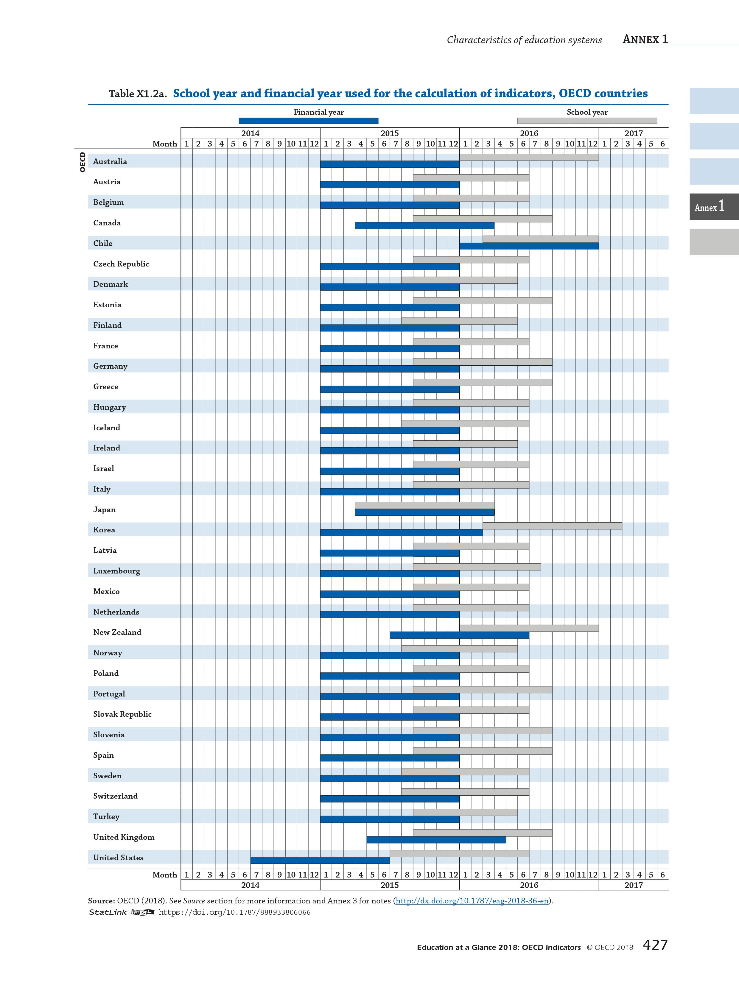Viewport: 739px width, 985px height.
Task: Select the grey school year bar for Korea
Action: (x=552, y=526)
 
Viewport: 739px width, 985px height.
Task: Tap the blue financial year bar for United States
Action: (x=320, y=860)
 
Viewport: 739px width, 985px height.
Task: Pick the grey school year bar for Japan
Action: (x=424, y=505)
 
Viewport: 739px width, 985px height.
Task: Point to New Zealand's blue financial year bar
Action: (x=459, y=635)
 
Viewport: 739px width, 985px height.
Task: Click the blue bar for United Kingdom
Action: (x=436, y=840)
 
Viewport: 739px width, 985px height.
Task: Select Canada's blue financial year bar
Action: (x=424, y=226)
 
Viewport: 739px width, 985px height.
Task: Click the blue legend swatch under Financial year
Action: (x=308, y=121)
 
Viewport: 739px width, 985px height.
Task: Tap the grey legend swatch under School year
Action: (x=587, y=121)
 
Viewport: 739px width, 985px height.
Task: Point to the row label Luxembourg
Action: (x=116, y=571)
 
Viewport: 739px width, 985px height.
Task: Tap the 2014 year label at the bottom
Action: (x=250, y=885)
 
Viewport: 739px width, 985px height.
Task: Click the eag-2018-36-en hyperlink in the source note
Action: (x=472, y=901)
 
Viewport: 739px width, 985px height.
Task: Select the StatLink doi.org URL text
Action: (x=234, y=912)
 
